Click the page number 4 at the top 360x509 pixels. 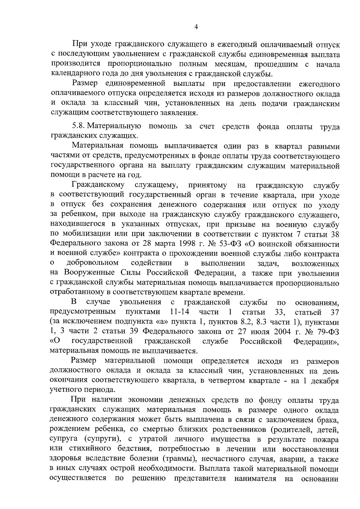click(196, 27)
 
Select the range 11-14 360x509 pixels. click(179, 312)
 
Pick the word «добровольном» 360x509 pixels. click(92, 263)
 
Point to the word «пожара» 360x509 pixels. click(326, 439)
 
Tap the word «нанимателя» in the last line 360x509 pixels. click(256, 478)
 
